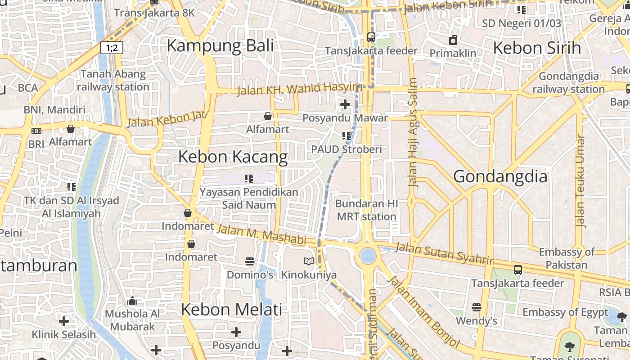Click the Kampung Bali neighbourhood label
pos(220,46)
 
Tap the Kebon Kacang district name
pos(233,157)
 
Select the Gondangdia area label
pos(500,176)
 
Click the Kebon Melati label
pos(231,310)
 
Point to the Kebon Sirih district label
pos(537,48)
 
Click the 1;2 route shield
pos(112,47)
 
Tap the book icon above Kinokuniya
pos(308,261)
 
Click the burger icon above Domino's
pos(250,261)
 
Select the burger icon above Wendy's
pos(476,307)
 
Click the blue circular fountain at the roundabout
pos(368,256)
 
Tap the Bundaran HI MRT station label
pos(366,210)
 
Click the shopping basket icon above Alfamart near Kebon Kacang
pos(268,116)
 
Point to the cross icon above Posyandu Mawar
pos(345,104)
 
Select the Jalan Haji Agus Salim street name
pos(413,133)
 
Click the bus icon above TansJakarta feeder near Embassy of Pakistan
pos(518,270)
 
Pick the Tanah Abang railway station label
pos(112,80)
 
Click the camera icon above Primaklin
pos(453,40)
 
